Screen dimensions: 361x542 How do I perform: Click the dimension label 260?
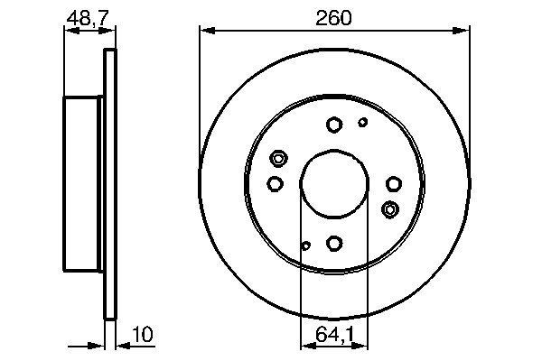point(334,18)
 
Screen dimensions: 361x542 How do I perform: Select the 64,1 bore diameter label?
point(334,336)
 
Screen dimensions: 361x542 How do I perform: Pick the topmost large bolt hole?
point(334,125)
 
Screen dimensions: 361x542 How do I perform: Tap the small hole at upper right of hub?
point(363,123)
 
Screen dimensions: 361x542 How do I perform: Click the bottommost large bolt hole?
point(334,242)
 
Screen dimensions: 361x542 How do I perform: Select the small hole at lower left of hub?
point(305,245)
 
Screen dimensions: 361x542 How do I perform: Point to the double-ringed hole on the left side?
point(278,160)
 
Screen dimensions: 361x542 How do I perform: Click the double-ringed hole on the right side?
point(390,209)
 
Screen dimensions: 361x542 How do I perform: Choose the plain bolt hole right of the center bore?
point(393,184)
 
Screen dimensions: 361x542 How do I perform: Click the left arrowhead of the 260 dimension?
point(204,32)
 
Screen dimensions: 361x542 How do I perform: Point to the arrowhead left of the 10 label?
point(99,343)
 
